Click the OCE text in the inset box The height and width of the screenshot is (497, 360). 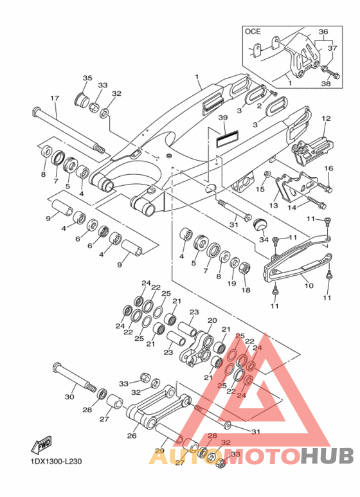(253, 32)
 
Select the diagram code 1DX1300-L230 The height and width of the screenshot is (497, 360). (56, 461)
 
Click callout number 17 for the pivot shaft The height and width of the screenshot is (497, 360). (55, 98)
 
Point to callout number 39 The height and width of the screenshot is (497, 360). (223, 118)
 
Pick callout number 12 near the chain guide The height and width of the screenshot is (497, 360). (326, 118)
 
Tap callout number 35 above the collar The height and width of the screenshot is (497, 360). (87, 78)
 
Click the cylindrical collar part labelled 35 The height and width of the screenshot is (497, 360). (80, 99)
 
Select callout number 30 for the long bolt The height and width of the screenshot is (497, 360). (69, 397)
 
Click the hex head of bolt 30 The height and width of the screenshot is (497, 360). (57, 368)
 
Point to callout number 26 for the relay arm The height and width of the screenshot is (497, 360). (132, 435)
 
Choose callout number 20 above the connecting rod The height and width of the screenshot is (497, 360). (212, 320)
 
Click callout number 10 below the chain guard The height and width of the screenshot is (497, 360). (309, 285)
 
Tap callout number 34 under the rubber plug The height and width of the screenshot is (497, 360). (264, 240)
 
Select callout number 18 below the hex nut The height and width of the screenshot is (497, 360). (246, 290)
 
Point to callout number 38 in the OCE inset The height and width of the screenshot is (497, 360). (326, 84)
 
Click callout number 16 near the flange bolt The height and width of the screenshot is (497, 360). (329, 168)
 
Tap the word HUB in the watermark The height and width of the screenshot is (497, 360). (327, 456)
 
